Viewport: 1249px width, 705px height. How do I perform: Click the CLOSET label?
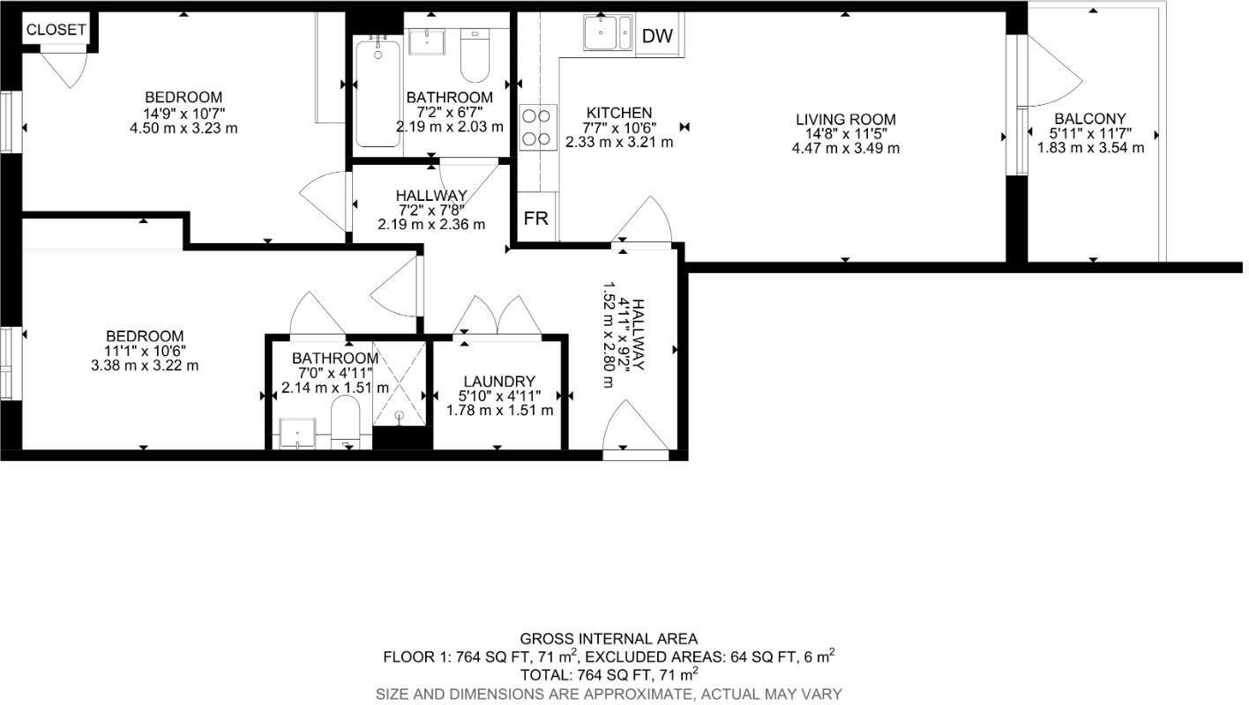[x=56, y=29]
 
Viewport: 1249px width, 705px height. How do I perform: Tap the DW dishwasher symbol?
[x=657, y=36]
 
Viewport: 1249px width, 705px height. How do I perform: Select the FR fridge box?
[x=536, y=219]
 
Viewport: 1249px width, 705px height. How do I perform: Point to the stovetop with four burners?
[x=537, y=126]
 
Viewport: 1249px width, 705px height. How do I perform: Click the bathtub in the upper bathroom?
[x=378, y=92]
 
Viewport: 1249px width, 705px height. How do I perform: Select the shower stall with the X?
[x=399, y=383]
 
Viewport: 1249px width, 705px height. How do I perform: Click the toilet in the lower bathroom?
[x=345, y=421]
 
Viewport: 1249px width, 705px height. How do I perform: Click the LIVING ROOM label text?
[x=845, y=120]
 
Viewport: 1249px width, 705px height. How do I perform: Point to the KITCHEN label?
[x=619, y=113]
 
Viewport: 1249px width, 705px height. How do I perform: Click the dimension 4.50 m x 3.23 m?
[x=183, y=128]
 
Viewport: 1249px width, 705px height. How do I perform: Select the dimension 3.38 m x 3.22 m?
[x=145, y=366]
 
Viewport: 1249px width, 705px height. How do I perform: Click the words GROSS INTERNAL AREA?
[x=609, y=639]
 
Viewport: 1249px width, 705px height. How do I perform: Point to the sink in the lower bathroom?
[x=300, y=434]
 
